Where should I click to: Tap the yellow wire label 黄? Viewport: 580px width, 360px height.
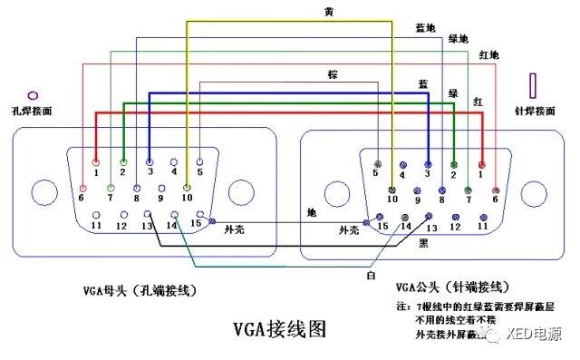[x=328, y=12]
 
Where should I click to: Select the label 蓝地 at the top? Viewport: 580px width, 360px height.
[x=423, y=28]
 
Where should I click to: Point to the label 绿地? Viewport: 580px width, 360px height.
[x=459, y=40]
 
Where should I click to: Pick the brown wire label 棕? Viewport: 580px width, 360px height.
[x=335, y=73]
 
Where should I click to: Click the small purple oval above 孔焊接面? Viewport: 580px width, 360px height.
[x=34, y=93]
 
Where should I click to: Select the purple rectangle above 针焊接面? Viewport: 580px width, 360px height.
[x=534, y=87]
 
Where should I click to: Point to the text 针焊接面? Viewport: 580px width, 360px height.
[x=534, y=112]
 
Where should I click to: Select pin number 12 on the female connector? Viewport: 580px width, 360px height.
[x=121, y=224]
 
